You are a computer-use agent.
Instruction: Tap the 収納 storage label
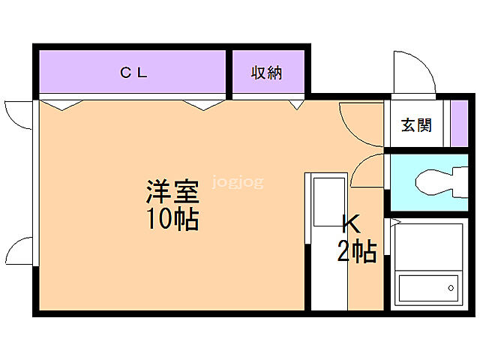pyautogui.click(x=266, y=73)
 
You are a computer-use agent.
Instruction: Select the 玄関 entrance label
pyautogui.click(x=415, y=125)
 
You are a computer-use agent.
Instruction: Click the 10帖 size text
pyautogui.click(x=172, y=218)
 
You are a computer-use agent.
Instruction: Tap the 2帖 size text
pyautogui.click(x=356, y=252)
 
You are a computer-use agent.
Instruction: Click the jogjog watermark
pyautogui.click(x=238, y=181)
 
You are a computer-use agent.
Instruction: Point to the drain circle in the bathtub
pyautogui.click(x=451, y=286)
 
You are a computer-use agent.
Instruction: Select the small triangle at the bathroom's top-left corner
pyautogui.click(x=392, y=222)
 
